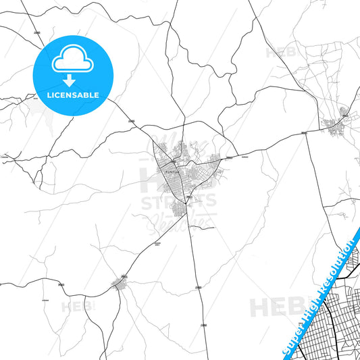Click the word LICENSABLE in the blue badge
pos(72,95)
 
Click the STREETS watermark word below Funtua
pos(178,201)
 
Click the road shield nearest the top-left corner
pos(37,32)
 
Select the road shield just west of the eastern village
pos(303,133)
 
